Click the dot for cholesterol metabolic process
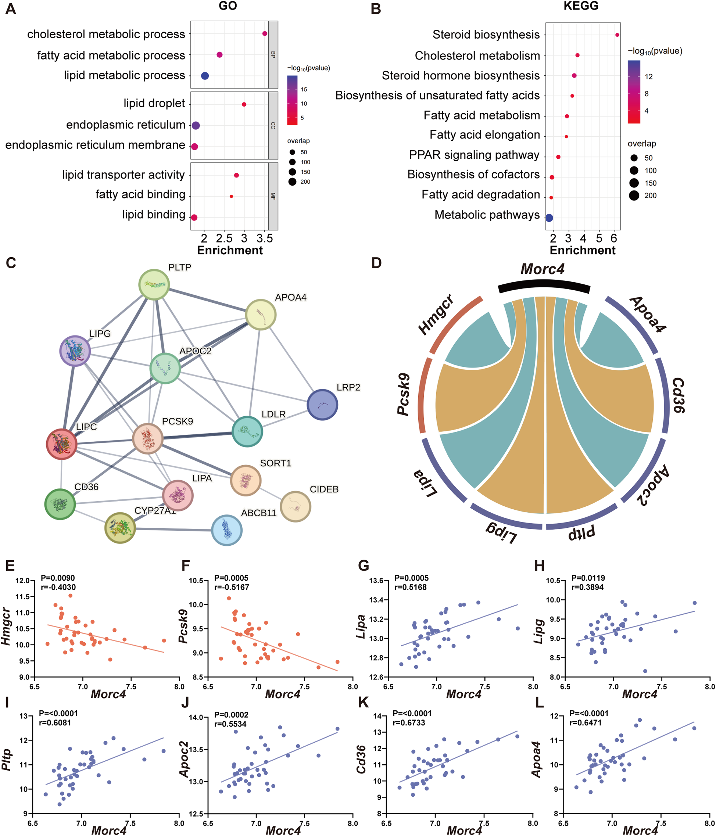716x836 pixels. (265, 33)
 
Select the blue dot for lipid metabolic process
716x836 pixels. (205, 76)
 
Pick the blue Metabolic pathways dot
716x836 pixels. (549, 218)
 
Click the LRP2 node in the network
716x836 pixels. (322, 405)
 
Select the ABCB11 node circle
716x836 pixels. (227, 530)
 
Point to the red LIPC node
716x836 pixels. (61, 444)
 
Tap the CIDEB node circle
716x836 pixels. (296, 506)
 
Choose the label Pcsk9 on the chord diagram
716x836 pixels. (404, 394)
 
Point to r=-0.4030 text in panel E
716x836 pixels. (58, 587)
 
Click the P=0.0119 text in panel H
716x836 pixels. (588, 578)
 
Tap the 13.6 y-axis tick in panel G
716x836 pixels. (376, 581)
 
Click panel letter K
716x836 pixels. (363, 703)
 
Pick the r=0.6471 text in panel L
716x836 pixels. (585, 722)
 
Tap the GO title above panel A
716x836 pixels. (228, 6)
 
